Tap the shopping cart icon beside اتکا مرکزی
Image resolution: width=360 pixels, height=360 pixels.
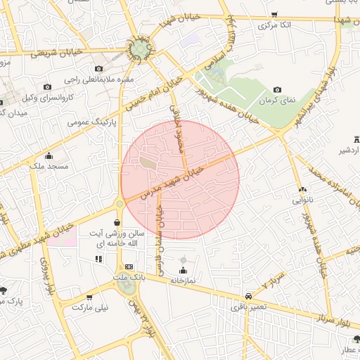tap(275, 14)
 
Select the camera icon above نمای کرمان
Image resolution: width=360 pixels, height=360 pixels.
tap(277, 90)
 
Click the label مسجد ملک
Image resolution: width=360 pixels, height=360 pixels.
tap(49, 166)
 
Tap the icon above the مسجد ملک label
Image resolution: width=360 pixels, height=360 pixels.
tap(49, 156)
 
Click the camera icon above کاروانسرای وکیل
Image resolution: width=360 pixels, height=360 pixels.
tap(48, 86)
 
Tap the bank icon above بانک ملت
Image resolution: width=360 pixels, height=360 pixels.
tap(129, 267)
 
